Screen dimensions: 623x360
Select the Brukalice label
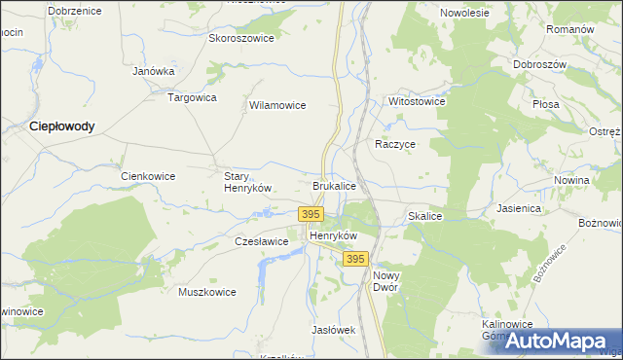point(334,185)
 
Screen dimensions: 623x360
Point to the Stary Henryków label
point(246,182)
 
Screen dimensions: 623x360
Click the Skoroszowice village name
point(241,39)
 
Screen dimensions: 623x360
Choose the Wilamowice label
point(278,105)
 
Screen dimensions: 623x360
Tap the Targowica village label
point(193,98)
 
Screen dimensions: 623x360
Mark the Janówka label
point(153,71)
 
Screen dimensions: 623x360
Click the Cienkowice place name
point(148,176)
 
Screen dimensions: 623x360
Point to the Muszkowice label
point(207,291)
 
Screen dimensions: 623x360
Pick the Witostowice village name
point(417,101)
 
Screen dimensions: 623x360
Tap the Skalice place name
point(425,216)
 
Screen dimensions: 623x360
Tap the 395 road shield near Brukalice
point(311,214)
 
